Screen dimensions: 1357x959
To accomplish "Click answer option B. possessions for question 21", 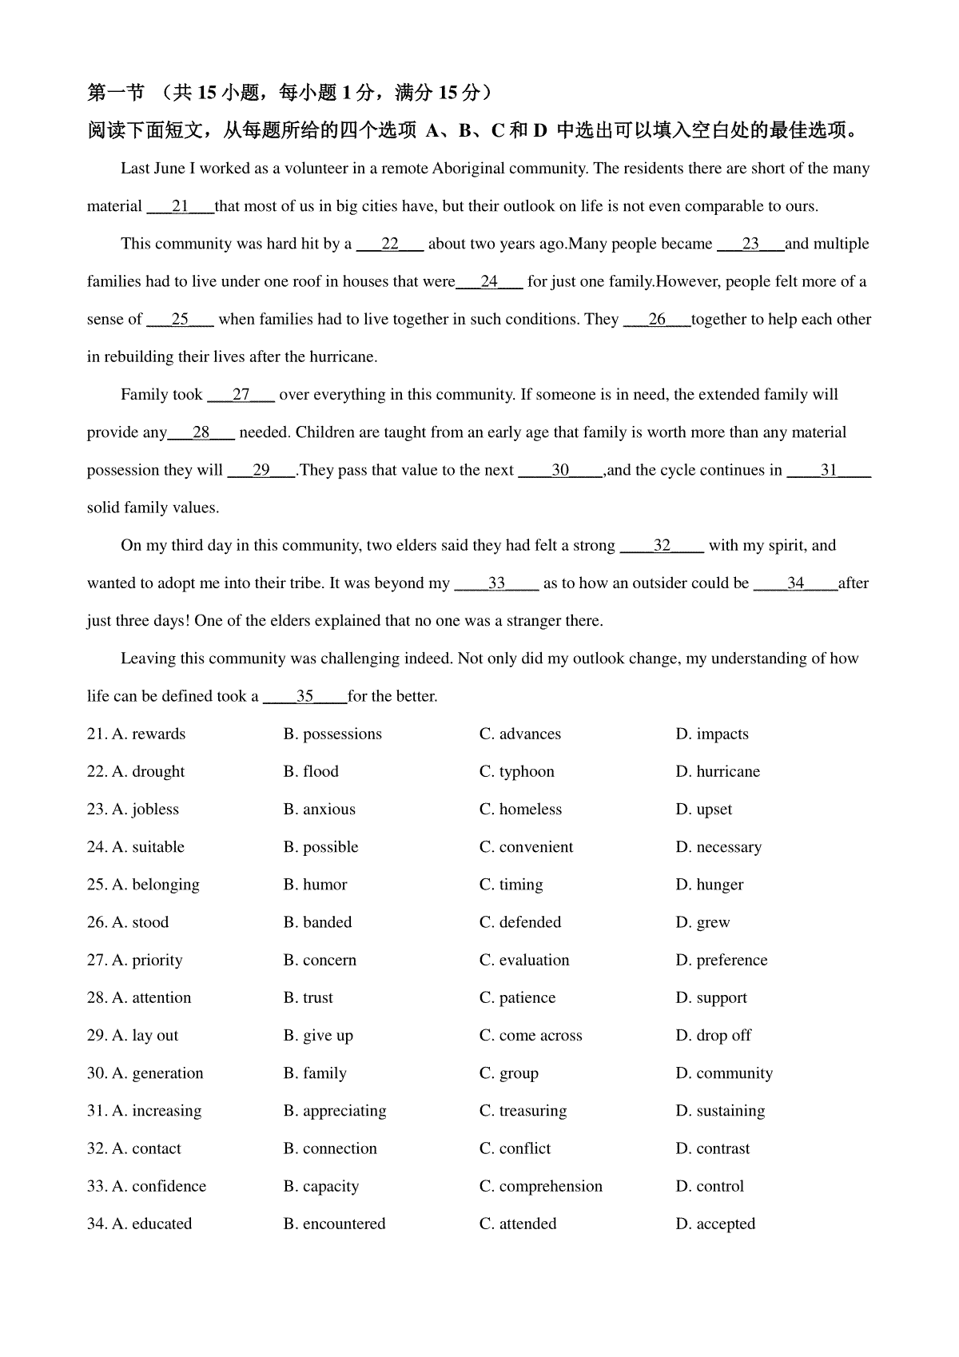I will point(332,734).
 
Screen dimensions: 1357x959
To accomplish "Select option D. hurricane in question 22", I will point(718,771).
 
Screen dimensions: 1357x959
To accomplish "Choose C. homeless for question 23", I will point(521,809).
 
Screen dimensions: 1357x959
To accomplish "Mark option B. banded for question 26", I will point(317,921).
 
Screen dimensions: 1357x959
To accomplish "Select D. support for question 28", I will point(711,997).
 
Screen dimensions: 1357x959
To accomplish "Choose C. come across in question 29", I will point(531,1035).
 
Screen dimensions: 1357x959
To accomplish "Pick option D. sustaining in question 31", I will point(720,1110).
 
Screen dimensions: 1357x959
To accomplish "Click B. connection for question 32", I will point(330,1148).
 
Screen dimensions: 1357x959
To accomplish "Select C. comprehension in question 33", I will point(541,1186).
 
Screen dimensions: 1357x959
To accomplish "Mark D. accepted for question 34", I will point(715,1224).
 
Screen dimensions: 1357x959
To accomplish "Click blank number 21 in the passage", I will point(180,206).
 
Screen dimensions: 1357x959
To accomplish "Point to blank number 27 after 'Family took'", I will point(241,395).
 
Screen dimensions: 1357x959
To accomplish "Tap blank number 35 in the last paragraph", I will point(304,696).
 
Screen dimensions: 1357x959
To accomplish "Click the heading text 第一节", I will point(116,94).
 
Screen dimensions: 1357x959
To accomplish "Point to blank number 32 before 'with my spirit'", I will point(662,546).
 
